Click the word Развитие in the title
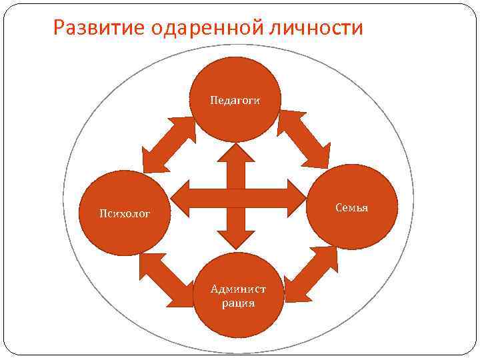[101, 28]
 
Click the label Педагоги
[235, 100]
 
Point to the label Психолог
[124, 213]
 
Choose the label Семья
[353, 208]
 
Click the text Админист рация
[238, 296]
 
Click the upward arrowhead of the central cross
[237, 155]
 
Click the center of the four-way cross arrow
[237, 197]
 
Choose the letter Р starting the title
[59, 28]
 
